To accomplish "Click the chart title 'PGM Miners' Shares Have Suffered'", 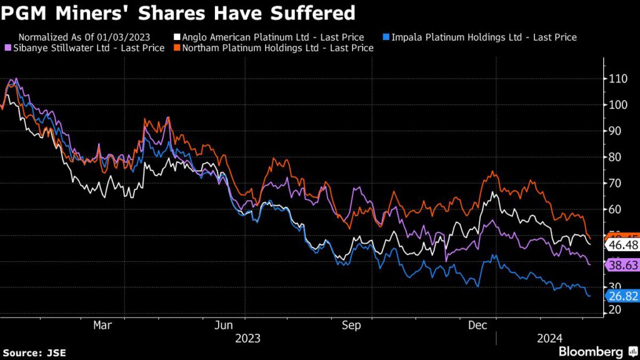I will coord(178,12).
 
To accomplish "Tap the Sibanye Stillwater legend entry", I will coord(88,48).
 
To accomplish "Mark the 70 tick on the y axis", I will coord(614,183).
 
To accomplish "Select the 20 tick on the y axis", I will coord(614,310).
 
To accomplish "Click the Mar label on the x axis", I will coord(102,325).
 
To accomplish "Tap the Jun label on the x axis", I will coord(224,325).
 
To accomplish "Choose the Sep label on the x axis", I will coord(352,325).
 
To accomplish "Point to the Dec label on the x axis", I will coord(477,325).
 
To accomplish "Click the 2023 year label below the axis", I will coord(247,339).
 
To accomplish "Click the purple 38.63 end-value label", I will coord(622,266).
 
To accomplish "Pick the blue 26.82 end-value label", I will coord(622,295).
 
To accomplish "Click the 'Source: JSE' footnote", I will coord(34,353).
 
